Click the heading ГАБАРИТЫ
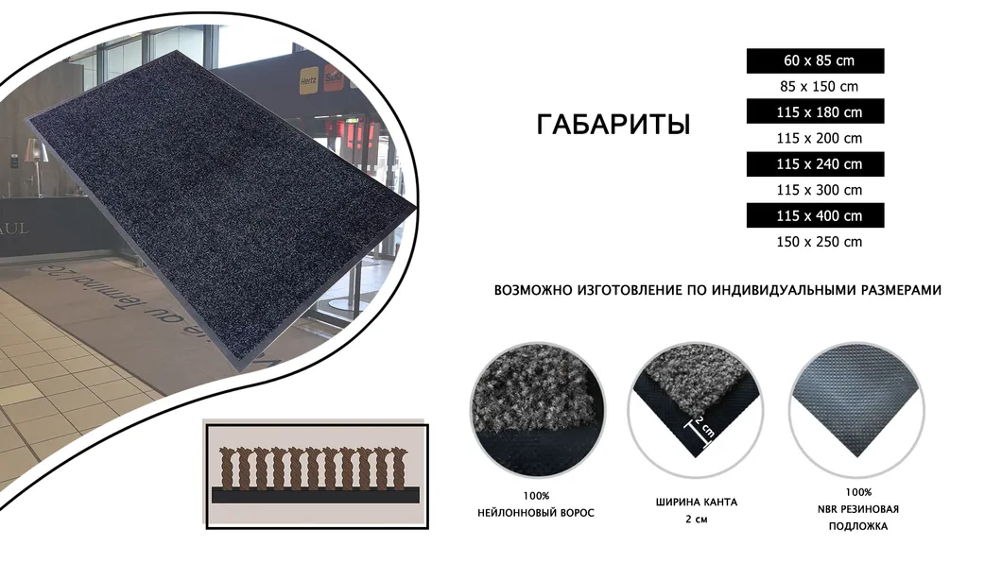click(x=613, y=125)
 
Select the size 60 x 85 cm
click(x=819, y=60)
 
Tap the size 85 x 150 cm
click(x=819, y=87)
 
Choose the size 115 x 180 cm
click(x=819, y=112)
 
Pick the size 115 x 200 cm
click(x=819, y=138)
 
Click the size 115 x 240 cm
click(x=819, y=163)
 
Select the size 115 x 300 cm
click(x=819, y=190)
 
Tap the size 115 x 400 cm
click(x=819, y=215)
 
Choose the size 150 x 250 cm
click(x=819, y=242)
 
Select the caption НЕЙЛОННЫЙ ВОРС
click(x=536, y=513)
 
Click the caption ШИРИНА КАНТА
click(x=696, y=502)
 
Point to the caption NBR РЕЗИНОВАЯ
click(x=859, y=509)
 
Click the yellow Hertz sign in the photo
click(x=308, y=81)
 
